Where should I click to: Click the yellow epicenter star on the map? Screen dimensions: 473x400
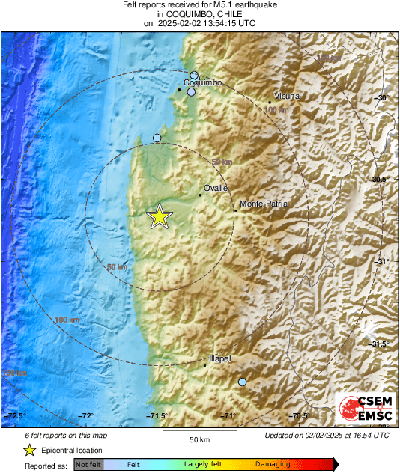click(160, 216)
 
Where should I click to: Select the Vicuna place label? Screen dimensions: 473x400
click(287, 97)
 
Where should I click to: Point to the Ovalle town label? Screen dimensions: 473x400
click(215, 189)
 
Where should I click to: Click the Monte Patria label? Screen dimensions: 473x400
click(263, 204)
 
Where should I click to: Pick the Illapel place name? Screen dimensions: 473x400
click(219, 359)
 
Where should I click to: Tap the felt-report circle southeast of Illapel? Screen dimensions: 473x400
click(242, 382)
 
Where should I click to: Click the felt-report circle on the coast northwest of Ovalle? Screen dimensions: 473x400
click(157, 138)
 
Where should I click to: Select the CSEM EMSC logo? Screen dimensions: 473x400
click(363, 408)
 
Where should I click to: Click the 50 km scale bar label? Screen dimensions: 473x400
click(199, 439)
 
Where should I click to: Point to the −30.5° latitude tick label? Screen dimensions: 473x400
click(380, 180)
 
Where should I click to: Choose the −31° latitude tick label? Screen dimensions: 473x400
click(382, 261)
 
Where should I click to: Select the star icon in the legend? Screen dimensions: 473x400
click(29, 450)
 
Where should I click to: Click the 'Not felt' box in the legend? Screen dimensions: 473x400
click(89, 464)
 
